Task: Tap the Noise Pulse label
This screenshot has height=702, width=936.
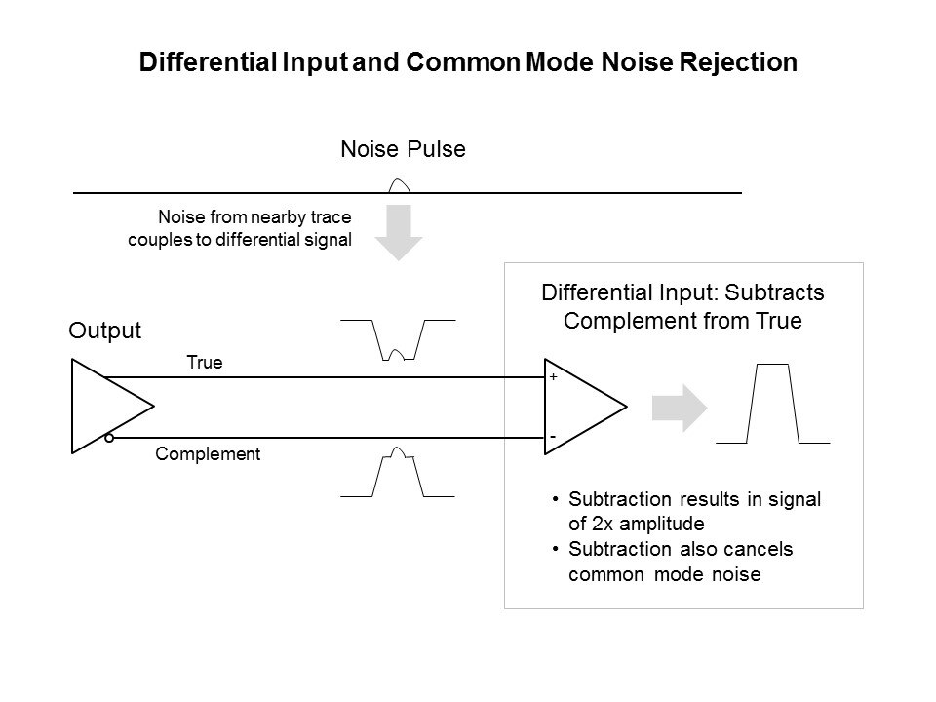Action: (x=404, y=150)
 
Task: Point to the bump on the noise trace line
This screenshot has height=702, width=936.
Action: (x=399, y=185)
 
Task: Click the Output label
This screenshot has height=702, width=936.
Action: (x=105, y=331)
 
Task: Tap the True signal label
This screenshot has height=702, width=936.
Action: (x=205, y=363)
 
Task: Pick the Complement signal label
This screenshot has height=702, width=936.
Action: (x=209, y=453)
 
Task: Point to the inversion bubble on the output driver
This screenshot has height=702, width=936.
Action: (x=109, y=439)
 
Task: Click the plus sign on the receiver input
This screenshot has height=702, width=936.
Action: (x=553, y=375)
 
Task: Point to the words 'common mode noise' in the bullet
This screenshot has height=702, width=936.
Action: (x=664, y=574)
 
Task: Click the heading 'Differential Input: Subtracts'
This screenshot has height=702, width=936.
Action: (x=683, y=293)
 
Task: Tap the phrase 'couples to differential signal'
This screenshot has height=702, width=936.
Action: (x=239, y=240)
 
